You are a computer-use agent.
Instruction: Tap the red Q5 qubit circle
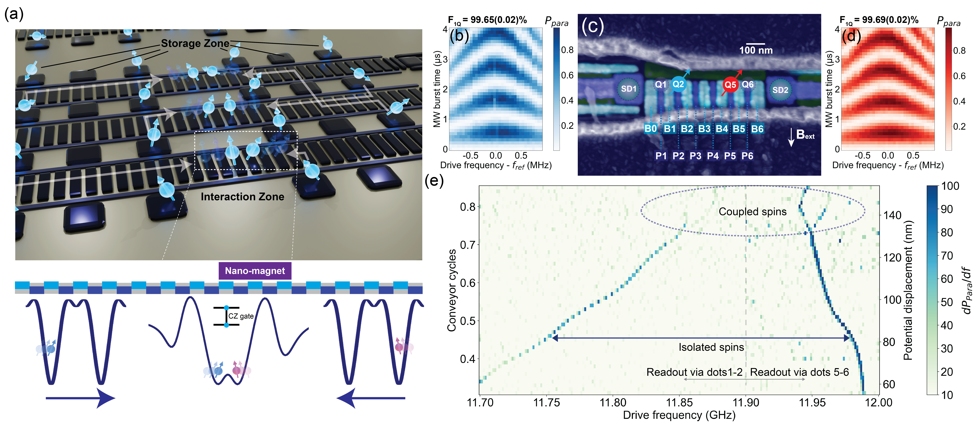730,84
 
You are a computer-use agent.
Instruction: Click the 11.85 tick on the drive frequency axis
679,402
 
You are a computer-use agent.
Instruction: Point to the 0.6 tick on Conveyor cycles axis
468,283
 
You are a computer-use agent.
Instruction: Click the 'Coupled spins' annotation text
752,212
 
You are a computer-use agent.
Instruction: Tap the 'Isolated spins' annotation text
711,347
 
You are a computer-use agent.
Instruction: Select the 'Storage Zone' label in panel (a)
195,43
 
